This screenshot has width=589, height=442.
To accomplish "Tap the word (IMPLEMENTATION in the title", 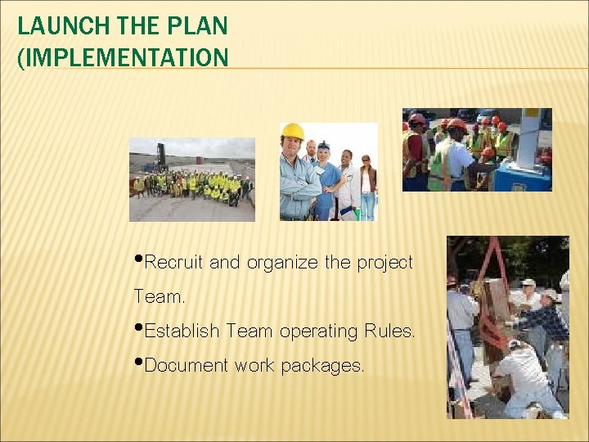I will coord(123,57).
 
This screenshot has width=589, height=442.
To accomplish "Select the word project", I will coord(384,263).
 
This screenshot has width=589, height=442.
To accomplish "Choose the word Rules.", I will coord(389,331).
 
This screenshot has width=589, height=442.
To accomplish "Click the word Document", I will coord(187,366).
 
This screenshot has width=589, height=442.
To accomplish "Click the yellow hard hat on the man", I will coord(292,131).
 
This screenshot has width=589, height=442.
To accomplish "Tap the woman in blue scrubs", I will coord(325,176).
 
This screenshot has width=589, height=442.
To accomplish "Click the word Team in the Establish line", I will coord(250,331).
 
